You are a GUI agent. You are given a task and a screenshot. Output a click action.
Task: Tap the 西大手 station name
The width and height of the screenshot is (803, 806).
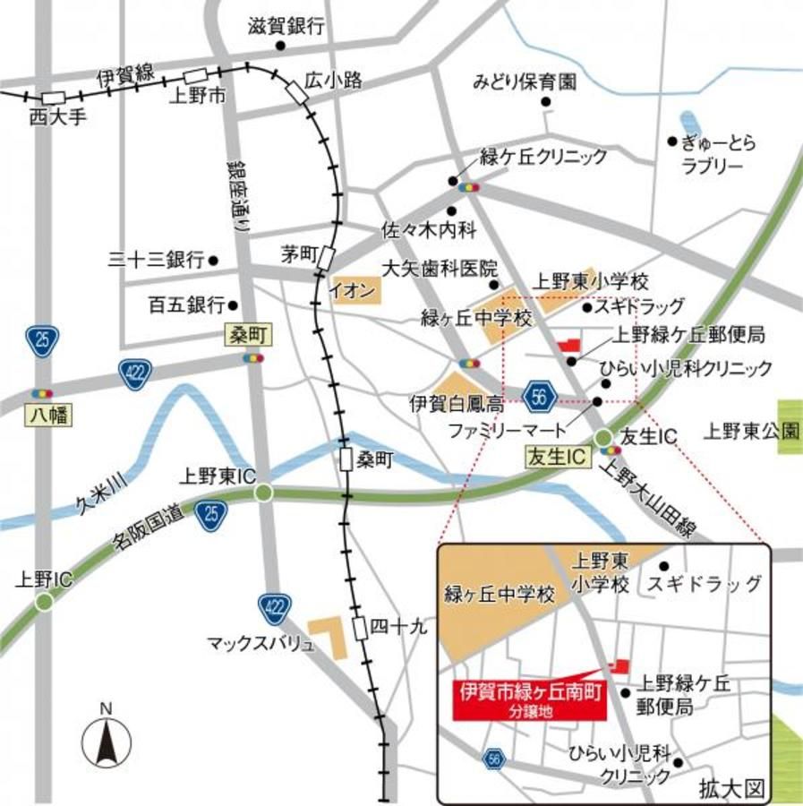pyautogui.click(x=57, y=116)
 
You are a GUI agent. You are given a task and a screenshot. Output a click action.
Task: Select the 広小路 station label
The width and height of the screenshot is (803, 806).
pyautogui.click(x=332, y=81)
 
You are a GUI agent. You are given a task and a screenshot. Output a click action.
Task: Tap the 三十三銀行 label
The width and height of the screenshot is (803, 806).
pyautogui.click(x=157, y=261)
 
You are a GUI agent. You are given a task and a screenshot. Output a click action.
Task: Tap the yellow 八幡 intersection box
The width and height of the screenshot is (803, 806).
pyautogui.click(x=40, y=416)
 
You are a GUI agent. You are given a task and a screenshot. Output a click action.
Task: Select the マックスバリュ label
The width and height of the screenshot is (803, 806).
pyautogui.click(x=261, y=643)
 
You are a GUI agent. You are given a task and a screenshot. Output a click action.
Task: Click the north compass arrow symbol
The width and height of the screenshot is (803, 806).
pyautogui.click(x=107, y=742)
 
